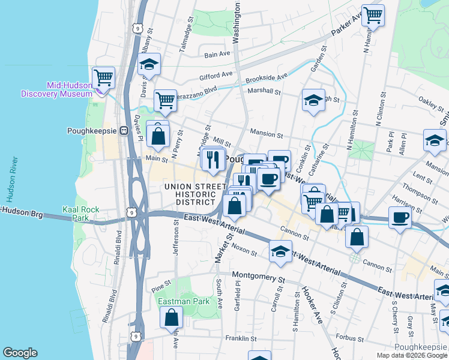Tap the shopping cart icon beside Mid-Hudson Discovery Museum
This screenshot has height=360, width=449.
(103, 77)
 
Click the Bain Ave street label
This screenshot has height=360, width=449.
(217, 54)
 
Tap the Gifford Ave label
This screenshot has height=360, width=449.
(216, 75)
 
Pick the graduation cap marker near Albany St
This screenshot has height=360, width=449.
(149, 64)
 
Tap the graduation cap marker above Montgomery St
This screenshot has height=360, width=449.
(280, 251)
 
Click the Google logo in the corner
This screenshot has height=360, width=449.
(20, 353)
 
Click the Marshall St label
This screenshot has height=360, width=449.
(264, 92)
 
